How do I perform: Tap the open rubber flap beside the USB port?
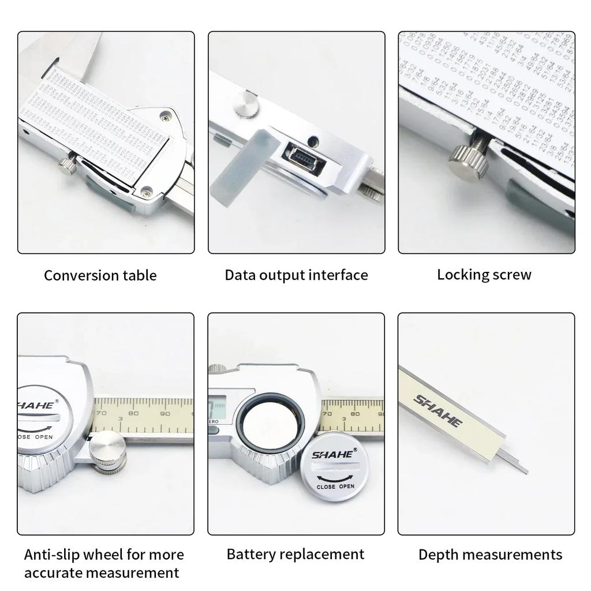235,164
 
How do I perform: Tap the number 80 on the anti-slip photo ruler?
133,413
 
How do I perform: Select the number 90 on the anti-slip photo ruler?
165,413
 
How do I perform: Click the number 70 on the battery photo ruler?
327,413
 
